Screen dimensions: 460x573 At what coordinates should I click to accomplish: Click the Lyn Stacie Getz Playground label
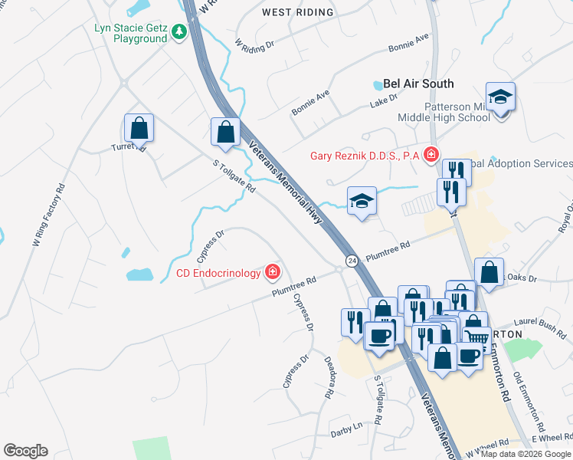click(x=130, y=33)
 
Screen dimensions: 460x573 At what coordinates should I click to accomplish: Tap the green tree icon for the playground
click(x=179, y=31)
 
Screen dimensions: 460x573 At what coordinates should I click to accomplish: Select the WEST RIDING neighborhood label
click(x=298, y=12)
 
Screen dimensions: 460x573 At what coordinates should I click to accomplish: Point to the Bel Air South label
click(x=418, y=84)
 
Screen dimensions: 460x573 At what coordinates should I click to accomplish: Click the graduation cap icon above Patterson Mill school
click(x=500, y=97)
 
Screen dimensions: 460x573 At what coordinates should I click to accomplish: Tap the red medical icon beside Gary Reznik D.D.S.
click(x=431, y=156)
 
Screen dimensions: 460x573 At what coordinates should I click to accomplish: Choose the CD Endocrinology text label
click(x=218, y=273)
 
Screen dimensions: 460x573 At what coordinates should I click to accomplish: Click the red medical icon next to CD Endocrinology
click(x=272, y=272)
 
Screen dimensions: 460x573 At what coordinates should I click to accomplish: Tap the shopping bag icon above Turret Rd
click(x=139, y=127)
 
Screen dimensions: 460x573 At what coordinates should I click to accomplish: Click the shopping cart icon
click(x=477, y=337)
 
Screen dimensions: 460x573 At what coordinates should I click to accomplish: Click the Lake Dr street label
click(x=385, y=100)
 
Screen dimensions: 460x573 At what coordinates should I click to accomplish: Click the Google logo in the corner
click(x=25, y=451)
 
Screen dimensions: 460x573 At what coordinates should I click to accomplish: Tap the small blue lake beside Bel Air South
click(x=377, y=84)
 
